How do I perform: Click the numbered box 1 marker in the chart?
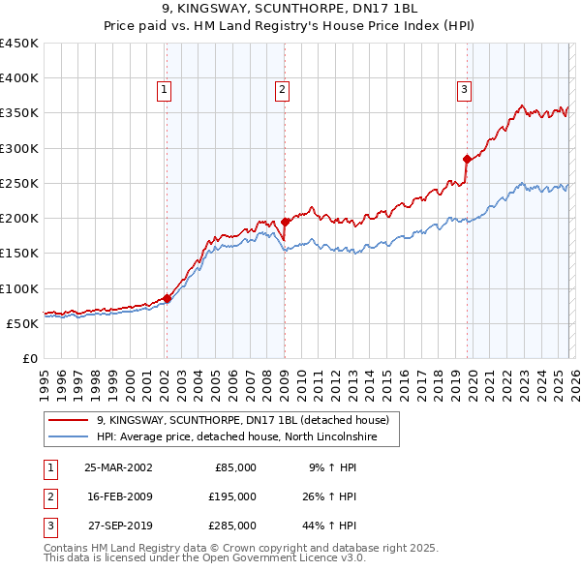click(x=165, y=90)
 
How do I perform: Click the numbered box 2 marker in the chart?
click(x=282, y=90)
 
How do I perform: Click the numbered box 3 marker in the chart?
click(x=464, y=90)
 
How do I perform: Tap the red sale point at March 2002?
click(x=167, y=299)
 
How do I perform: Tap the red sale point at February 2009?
click(x=285, y=222)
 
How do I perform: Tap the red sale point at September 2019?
click(x=467, y=159)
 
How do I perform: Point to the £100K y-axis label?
click(x=20, y=288)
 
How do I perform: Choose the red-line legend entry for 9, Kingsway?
click(x=242, y=420)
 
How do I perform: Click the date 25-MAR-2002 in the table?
click(x=118, y=467)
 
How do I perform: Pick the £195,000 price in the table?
click(x=232, y=496)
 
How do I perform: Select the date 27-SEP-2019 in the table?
click(x=118, y=526)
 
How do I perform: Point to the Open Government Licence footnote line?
click(x=204, y=558)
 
